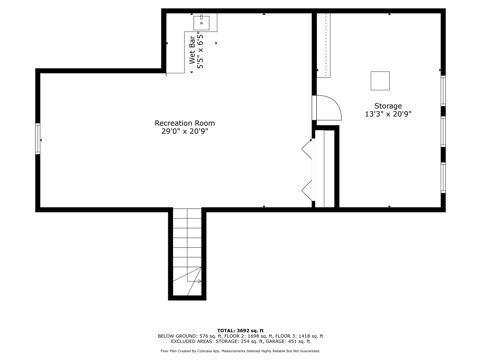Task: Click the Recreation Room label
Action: click(185, 123)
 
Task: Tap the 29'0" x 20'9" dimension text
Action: click(185, 131)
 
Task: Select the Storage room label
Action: click(388, 106)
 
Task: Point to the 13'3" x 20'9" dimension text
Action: click(388, 114)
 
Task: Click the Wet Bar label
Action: click(192, 50)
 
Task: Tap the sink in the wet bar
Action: click(201, 23)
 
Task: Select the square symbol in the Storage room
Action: click(380, 81)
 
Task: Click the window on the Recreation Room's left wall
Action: click(38, 139)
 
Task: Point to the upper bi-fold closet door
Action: click(307, 149)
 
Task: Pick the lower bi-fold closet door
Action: click(307, 191)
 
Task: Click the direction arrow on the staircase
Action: click(199, 281)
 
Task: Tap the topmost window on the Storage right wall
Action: click(443, 91)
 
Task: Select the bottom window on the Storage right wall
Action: click(443, 177)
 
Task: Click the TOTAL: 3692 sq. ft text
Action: click(240, 331)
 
